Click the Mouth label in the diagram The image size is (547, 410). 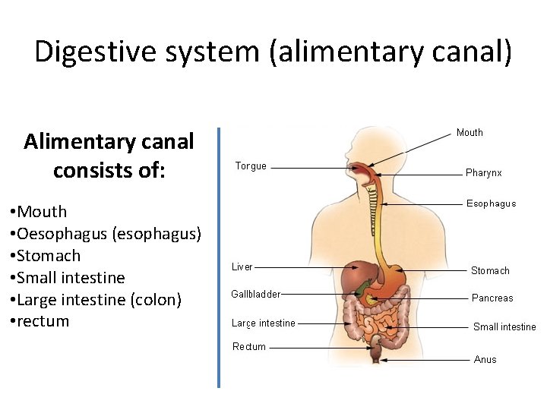pos(470,133)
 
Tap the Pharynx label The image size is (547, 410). pos(483,173)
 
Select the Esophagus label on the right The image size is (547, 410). pos(491,203)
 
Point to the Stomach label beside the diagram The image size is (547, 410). pos(490,271)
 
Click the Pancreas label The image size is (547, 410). pos(492,298)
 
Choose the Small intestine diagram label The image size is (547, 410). pos(504,327)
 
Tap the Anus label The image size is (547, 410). pos(485,360)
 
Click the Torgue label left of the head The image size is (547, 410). pos(251,166)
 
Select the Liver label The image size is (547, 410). pos(242,267)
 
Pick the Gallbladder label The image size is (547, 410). pos(256,295)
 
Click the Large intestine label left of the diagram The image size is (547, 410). pos(264,323)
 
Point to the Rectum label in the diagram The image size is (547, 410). pos(249,347)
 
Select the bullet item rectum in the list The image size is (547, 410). pos(43,321)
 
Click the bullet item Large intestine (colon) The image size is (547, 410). pos(98,300)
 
